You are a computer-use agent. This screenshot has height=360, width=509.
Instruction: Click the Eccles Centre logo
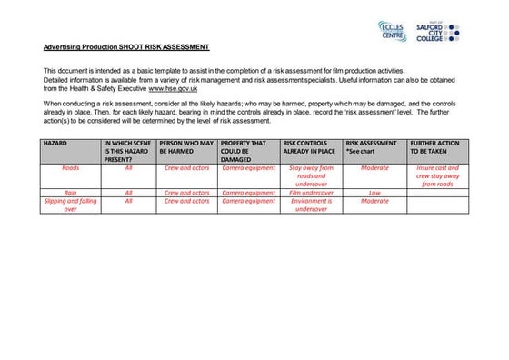point(393,31)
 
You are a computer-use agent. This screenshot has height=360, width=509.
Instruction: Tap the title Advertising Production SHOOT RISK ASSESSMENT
point(126,47)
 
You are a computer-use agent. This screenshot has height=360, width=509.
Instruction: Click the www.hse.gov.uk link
point(173,89)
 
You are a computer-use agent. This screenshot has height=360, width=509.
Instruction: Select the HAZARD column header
point(56,144)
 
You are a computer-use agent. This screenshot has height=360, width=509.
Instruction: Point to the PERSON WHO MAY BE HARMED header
point(186,147)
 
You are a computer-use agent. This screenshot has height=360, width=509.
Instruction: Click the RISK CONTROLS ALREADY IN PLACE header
point(310,147)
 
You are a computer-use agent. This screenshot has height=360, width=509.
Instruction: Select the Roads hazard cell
point(70,168)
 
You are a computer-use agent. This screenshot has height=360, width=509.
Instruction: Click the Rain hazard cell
point(70,193)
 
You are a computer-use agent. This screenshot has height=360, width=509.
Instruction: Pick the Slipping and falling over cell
point(70,205)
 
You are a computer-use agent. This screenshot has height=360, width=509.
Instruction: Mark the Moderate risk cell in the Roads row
point(374,168)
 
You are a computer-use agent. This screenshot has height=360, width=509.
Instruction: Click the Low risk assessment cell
point(374,193)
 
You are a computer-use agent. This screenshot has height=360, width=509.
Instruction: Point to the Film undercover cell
point(312,193)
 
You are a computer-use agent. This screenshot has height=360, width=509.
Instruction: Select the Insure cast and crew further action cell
point(437,175)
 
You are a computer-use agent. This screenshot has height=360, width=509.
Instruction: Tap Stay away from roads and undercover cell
point(312,175)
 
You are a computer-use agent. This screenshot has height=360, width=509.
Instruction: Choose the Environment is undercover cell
point(312,205)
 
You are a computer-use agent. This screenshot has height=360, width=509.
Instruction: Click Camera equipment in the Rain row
point(248,193)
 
